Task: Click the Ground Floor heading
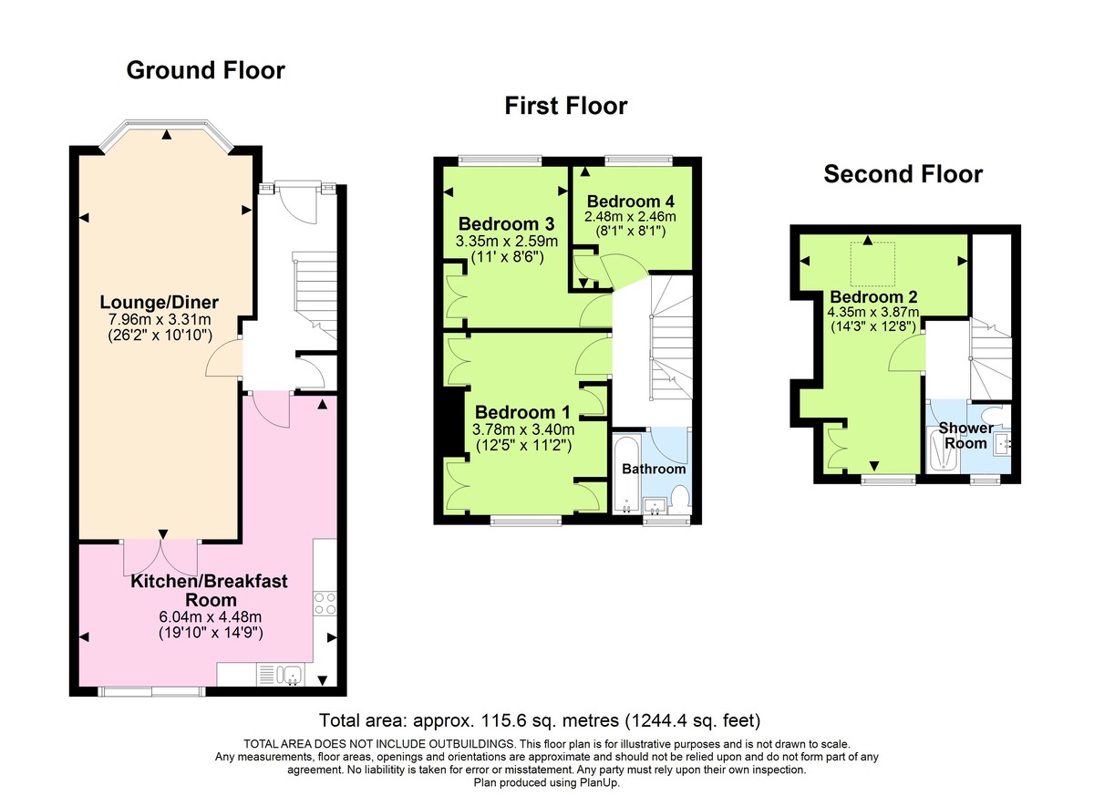pos(205,70)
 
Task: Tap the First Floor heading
pos(566,107)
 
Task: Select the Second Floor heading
pos(903,174)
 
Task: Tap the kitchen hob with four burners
pos(325,603)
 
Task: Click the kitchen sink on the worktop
pos(291,675)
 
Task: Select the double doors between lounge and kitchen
pos(161,557)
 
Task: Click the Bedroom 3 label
pos(506,224)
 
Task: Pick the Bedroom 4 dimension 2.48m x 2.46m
pos(631,217)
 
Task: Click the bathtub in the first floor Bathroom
pos(626,477)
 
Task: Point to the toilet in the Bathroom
pos(679,499)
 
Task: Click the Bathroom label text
pos(653,469)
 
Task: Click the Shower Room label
pos(965,435)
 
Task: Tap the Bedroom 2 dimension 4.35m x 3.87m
pos(873,314)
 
